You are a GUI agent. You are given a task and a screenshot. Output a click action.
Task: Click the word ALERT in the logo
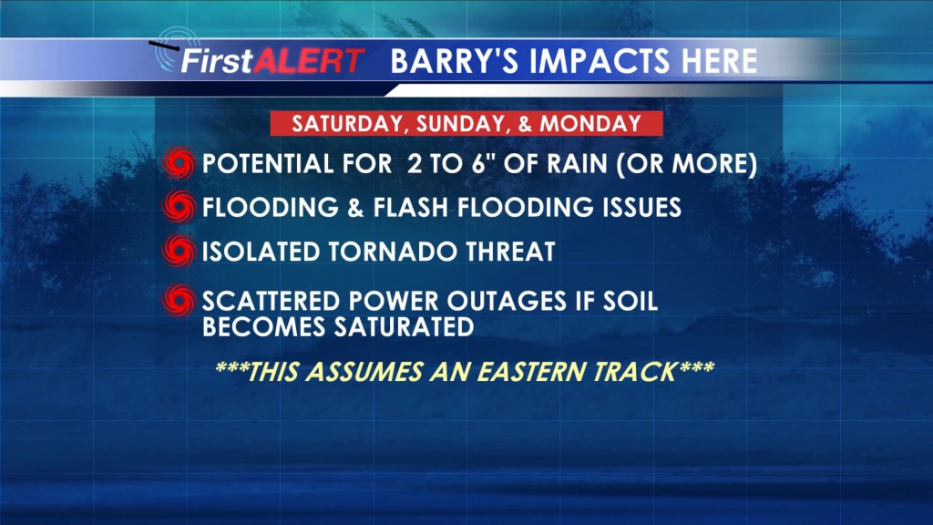tap(308, 61)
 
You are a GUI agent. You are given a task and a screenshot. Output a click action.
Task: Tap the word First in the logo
tap(217, 61)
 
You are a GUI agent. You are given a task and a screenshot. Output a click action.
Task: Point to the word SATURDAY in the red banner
tap(347, 124)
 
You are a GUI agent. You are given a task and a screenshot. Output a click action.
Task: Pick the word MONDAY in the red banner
tap(590, 123)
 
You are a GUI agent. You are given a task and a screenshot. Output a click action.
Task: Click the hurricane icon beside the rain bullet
tap(179, 163)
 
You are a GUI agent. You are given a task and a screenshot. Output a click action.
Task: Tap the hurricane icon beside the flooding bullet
tap(179, 207)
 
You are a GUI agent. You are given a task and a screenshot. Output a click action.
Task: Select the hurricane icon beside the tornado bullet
tap(179, 251)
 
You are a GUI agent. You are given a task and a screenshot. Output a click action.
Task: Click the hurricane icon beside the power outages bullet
tap(179, 300)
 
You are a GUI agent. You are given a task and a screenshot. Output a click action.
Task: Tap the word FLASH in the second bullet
tap(411, 207)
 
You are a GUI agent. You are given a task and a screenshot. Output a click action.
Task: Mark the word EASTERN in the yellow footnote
tap(532, 372)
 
